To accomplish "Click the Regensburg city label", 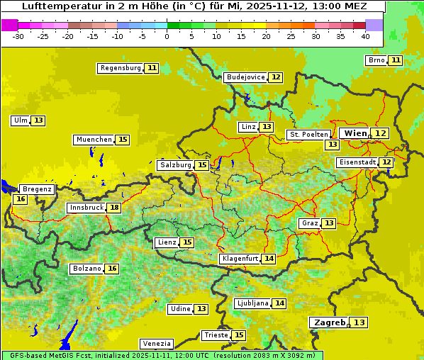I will point(121,68).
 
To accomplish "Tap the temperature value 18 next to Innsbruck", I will point(114,208).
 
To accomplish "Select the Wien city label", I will point(356,133).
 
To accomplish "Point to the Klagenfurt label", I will point(240,259).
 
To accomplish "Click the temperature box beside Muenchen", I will point(123,140).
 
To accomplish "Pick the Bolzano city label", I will point(87,269).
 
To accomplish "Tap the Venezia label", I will point(156,344).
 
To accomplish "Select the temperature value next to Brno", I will point(395,60).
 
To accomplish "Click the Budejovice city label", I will point(245,77).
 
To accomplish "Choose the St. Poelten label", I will point(308,134).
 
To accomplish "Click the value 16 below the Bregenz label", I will point(20,199).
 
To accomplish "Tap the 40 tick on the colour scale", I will point(365,36).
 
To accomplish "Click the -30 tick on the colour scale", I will point(18,36).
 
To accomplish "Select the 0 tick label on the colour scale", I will point(167,36).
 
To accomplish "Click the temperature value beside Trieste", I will point(239,335).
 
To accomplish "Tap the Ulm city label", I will point(20,120).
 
